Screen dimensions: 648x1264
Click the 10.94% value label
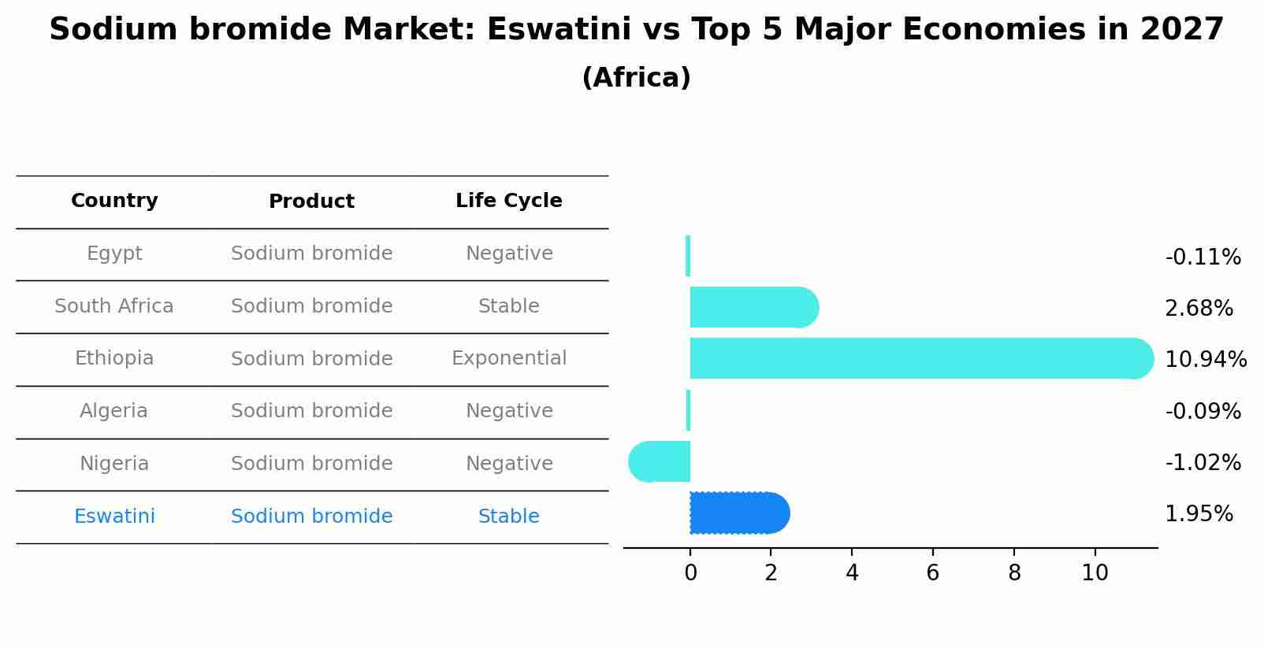tap(1205, 360)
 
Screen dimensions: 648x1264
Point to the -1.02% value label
tap(1203, 463)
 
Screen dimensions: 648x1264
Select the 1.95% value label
tap(1199, 514)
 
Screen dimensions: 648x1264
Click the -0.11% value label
tap(1203, 257)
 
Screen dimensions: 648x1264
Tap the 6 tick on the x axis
tap(932, 573)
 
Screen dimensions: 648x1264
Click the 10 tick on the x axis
tap(1095, 573)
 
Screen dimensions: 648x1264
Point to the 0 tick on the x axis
tap(690, 573)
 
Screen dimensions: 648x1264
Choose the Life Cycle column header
tap(509, 201)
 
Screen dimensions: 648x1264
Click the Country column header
tap(114, 201)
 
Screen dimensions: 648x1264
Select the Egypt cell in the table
tap(114, 254)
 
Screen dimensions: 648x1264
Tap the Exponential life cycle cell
tap(509, 358)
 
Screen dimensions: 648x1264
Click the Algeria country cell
tap(114, 411)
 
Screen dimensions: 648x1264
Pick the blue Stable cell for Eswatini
tap(509, 517)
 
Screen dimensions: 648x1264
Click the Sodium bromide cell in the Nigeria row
tap(311, 464)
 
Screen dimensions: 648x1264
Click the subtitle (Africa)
tap(636, 78)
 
